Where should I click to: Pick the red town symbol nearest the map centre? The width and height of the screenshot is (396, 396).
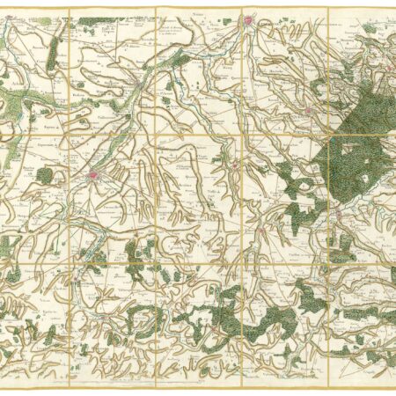point(235,163)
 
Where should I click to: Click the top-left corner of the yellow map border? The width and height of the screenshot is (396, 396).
point(3,8)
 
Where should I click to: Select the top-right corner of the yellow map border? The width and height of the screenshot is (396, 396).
point(393,8)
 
